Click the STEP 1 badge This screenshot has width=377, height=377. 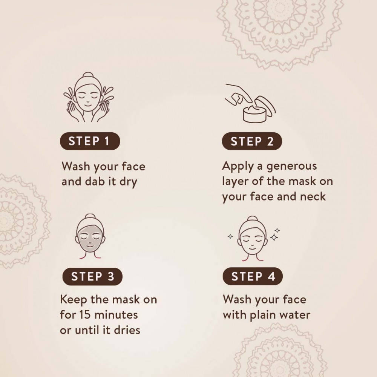click(x=90, y=141)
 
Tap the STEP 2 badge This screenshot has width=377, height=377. click(x=252, y=141)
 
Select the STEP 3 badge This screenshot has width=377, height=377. click(x=92, y=276)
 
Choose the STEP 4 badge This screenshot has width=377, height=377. click(x=253, y=276)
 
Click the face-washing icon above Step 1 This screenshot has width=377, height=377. click(x=89, y=97)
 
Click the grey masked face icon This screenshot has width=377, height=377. click(x=90, y=237)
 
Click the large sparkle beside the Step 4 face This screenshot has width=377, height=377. click(x=274, y=238)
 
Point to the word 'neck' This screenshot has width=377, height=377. click(x=313, y=196)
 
